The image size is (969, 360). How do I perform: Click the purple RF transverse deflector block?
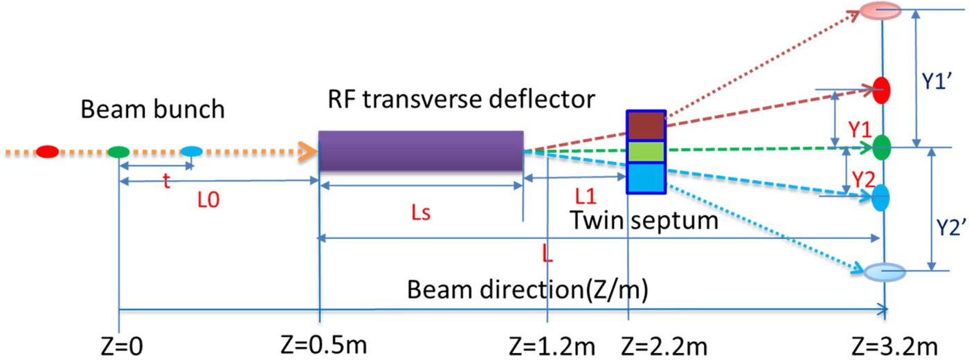coord(420,151)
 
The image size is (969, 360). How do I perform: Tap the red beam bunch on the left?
coord(47,151)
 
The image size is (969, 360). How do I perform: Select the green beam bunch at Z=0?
coord(119,151)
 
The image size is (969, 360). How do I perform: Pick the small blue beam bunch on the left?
coord(190,151)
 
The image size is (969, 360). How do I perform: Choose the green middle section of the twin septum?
coord(646,151)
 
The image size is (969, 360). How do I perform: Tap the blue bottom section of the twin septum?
coord(646,177)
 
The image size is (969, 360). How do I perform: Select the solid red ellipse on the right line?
coord(881,89)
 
